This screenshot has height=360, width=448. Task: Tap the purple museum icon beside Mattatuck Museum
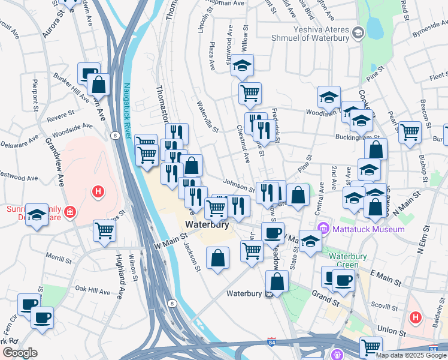tap(324, 229)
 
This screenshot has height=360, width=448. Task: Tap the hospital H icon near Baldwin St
tap(414, 316)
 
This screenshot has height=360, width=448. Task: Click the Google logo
tap(20, 352)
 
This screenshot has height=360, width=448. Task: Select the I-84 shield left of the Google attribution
tap(272, 343)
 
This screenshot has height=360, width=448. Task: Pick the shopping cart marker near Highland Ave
tap(105, 230)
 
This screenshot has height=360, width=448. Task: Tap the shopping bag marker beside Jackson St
tap(218, 258)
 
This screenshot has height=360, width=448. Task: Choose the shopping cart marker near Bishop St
tap(410, 131)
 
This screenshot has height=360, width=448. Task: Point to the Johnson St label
tap(235, 182)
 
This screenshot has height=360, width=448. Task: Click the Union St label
tap(393, 331)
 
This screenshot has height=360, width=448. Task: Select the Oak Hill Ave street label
tap(93, 292)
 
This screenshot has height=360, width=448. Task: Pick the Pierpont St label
tap(35, 91)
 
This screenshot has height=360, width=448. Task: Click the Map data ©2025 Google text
tap(411, 355)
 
